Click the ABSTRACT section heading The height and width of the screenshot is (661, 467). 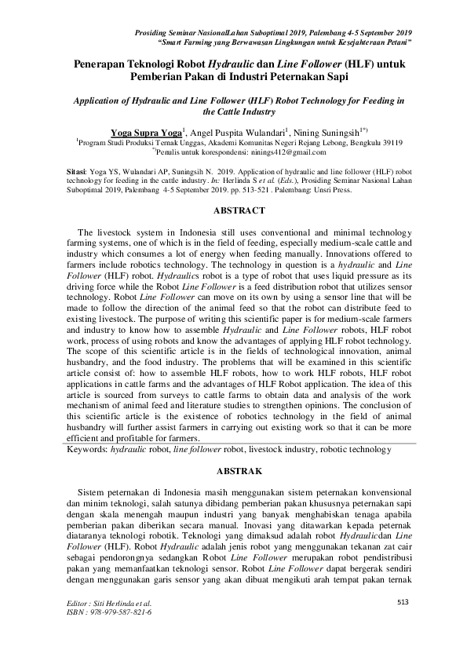coord(233,210)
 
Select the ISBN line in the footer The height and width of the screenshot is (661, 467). coord(100,612)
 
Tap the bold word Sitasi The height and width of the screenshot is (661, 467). coord(75,170)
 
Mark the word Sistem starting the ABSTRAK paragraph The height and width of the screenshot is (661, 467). coord(95,491)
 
